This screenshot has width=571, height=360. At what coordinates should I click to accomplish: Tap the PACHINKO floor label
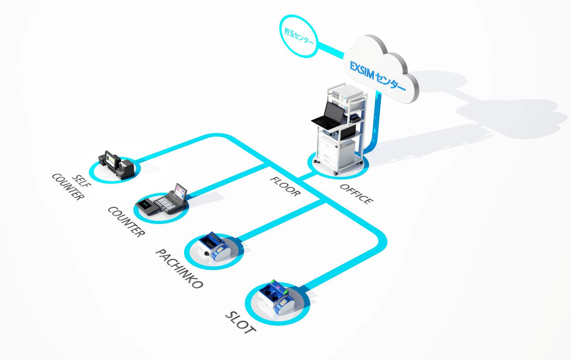pos(179,269)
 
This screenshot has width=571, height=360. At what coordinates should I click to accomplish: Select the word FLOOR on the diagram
pos(285,186)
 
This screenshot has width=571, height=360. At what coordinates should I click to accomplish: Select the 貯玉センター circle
pos(299,36)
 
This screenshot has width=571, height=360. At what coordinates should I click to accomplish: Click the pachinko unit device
pos(214,247)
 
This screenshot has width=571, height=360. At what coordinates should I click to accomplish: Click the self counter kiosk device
pos(116,164)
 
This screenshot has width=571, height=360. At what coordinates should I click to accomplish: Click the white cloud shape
pos(386,67)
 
